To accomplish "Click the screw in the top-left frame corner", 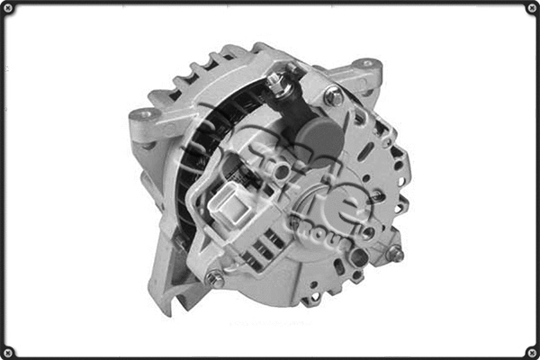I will pos(8,8).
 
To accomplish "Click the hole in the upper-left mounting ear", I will pos(142,114).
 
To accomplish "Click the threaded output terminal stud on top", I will pos(280,84).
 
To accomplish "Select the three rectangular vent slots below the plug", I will pos(265,243).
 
